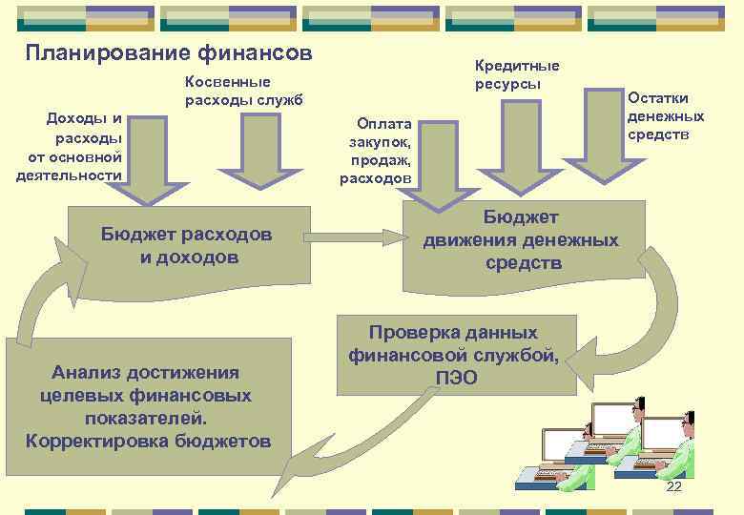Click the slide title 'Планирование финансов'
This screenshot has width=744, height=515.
(168, 52)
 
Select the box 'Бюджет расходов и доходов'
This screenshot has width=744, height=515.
(187, 245)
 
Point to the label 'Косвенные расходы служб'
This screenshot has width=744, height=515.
(242, 93)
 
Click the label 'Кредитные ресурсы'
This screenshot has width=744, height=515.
(517, 73)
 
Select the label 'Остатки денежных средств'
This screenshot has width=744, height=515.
(666, 115)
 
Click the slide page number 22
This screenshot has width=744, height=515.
(673, 487)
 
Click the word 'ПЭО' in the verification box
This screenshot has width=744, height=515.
(456, 378)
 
